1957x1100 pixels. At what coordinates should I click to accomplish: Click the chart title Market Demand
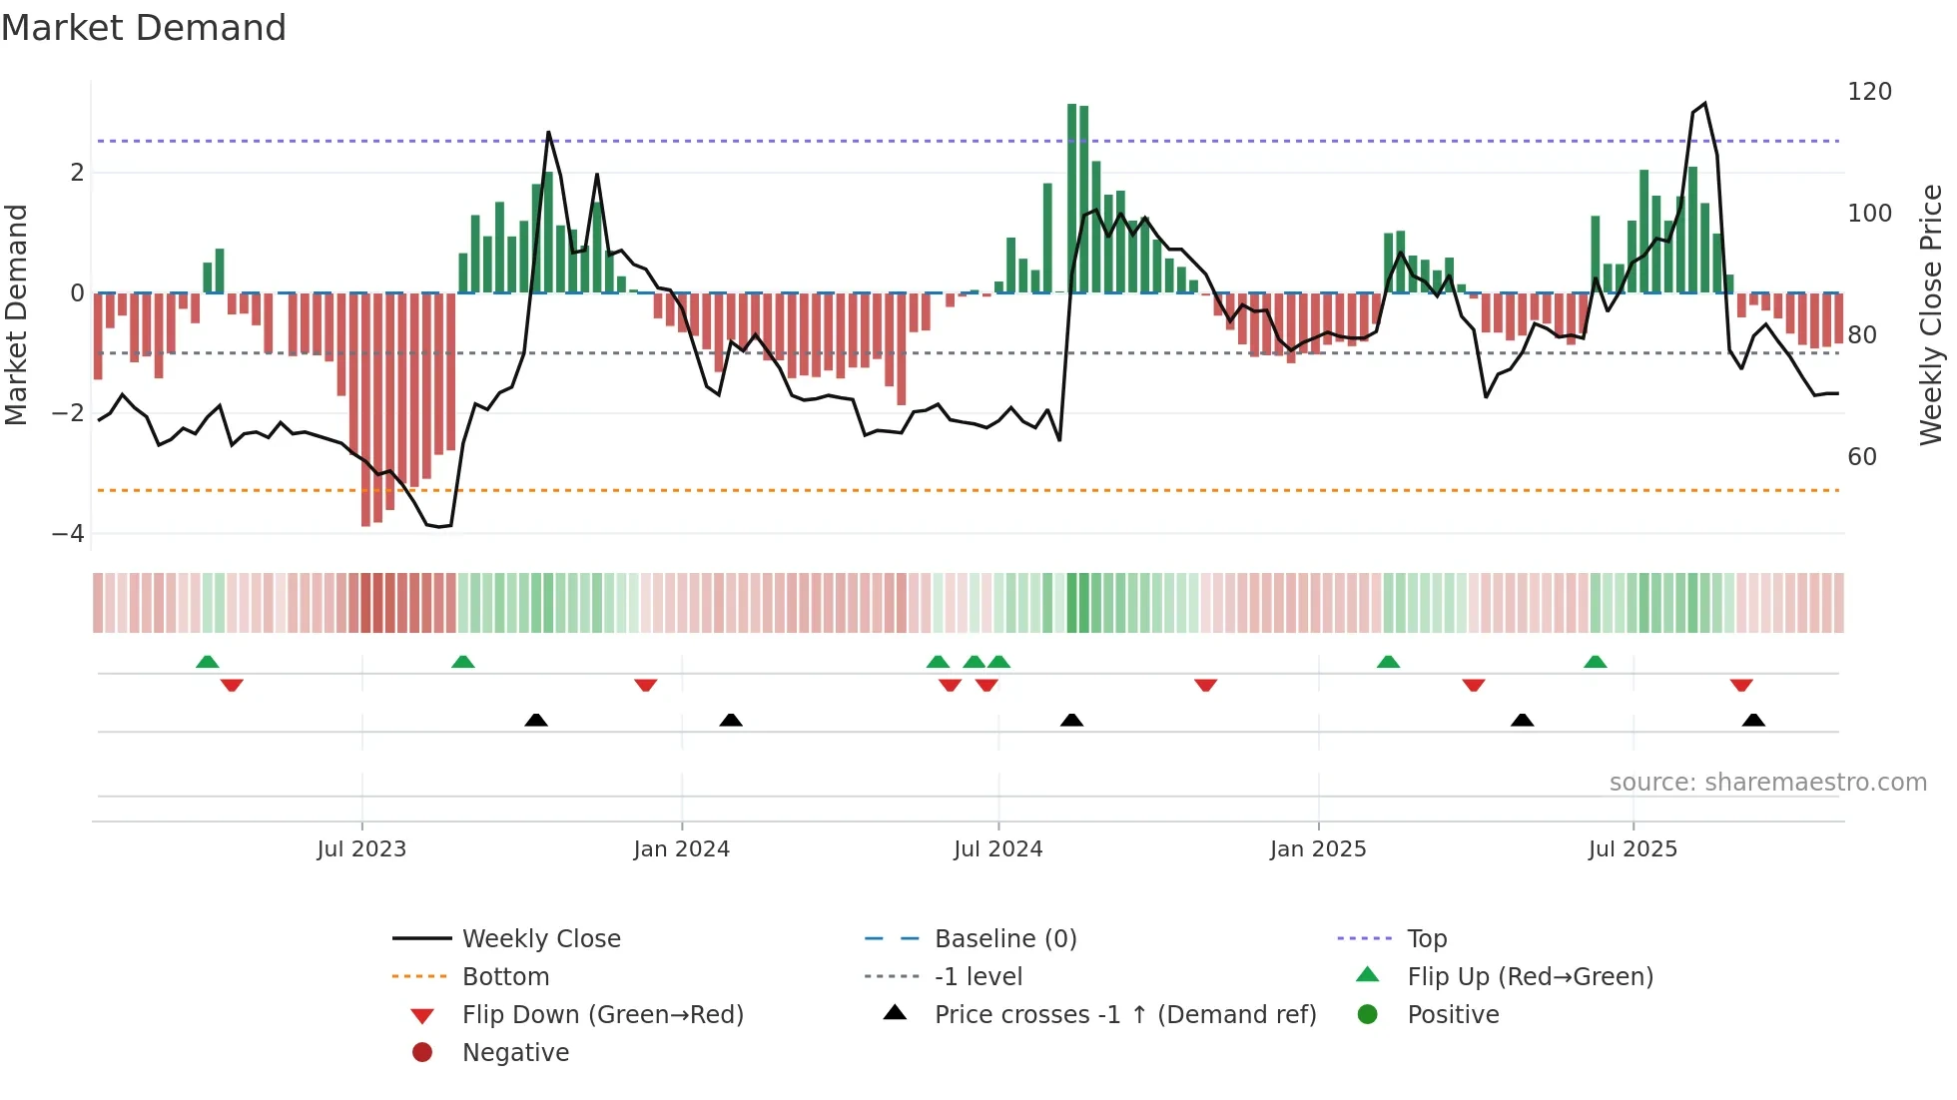(144, 28)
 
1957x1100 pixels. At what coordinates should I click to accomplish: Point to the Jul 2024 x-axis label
(997, 849)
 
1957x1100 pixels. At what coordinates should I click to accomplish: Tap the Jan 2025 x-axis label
(1318, 849)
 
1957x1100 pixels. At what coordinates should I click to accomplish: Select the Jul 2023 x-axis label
(361, 849)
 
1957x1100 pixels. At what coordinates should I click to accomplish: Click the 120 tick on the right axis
(1869, 92)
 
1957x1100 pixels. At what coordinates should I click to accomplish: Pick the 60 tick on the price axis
(1862, 457)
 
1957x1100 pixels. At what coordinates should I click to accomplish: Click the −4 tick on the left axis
(68, 534)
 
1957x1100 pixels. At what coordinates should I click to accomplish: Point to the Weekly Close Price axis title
(1931, 314)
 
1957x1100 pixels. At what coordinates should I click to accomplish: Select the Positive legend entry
(1453, 1015)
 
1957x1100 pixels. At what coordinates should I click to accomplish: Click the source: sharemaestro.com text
(1767, 783)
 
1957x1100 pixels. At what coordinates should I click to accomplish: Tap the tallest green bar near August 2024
(1072, 200)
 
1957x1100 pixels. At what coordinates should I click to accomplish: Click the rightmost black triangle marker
(1753, 720)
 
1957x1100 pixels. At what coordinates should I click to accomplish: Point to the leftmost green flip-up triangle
(208, 662)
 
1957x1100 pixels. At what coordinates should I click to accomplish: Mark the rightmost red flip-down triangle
(1741, 685)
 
